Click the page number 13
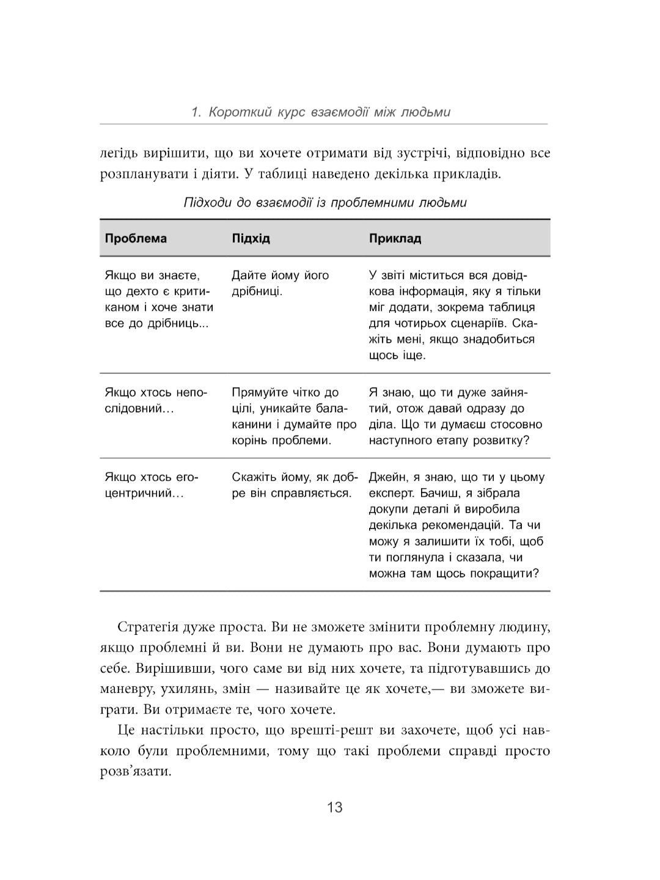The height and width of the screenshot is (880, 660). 335,807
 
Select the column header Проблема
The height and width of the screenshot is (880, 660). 136,238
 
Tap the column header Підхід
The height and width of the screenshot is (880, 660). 251,238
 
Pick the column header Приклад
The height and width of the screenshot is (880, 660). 395,238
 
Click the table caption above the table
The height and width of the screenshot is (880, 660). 325,203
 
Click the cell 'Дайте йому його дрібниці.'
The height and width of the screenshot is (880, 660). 280,283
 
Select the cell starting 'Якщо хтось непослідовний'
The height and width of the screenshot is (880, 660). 156,400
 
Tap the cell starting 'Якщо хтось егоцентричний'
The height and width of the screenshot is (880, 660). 152,485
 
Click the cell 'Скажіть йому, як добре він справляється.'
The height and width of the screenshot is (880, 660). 292,485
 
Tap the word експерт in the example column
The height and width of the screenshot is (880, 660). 391,493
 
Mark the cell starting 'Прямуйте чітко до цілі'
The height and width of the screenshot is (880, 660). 293,416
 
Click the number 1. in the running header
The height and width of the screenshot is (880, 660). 196,112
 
